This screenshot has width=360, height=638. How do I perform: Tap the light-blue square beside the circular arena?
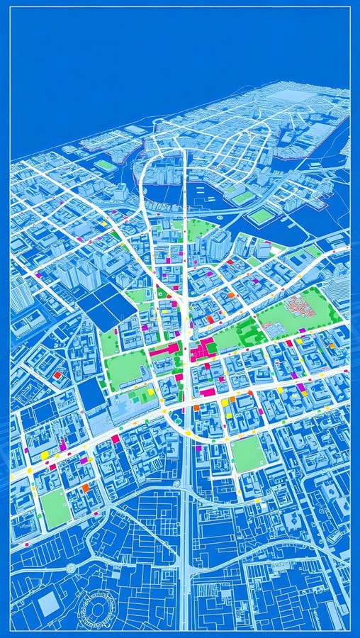(49, 604)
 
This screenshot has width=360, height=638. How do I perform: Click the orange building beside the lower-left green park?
(85, 488)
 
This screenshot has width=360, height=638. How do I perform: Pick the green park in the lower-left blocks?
(55, 508)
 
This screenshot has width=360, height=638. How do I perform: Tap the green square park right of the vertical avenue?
(248, 454)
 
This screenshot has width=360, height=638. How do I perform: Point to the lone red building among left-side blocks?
(57, 375)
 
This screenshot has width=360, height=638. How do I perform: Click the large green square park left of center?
(128, 369)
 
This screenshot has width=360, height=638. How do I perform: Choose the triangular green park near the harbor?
(201, 230)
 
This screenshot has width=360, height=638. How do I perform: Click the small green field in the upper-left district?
(105, 166)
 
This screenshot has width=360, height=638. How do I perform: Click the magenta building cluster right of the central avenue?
(205, 349)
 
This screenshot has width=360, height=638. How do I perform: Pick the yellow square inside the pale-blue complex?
(150, 391)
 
